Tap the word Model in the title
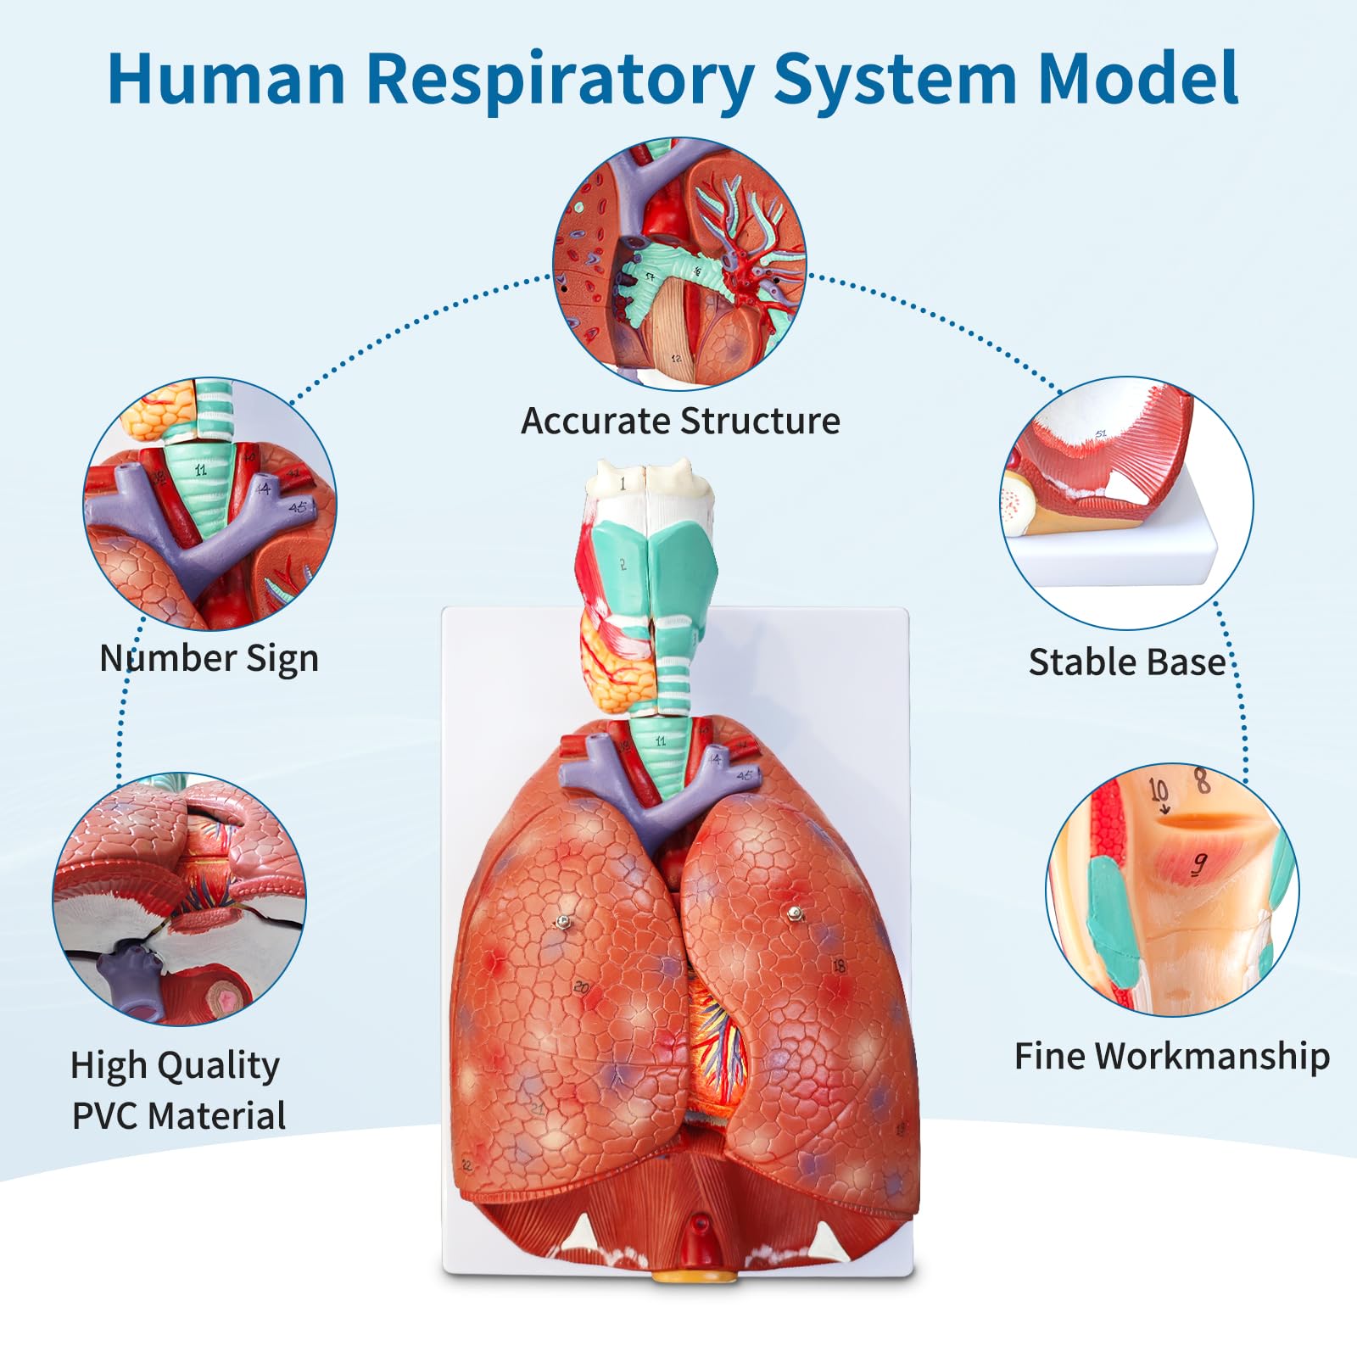pyautogui.click(x=1138, y=78)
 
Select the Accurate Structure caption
pyautogui.click(x=680, y=421)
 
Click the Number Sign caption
pyautogui.click(x=209, y=658)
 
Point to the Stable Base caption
pyautogui.click(x=1126, y=662)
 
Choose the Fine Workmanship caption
pyautogui.click(x=1172, y=1056)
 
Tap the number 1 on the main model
pyautogui.click(x=623, y=483)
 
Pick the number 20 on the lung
pyautogui.click(x=581, y=987)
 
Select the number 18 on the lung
pyautogui.click(x=839, y=966)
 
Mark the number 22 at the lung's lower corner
pyautogui.click(x=466, y=1165)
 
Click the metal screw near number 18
pyautogui.click(x=795, y=913)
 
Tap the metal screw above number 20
pyautogui.click(x=561, y=922)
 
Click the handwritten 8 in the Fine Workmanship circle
pyautogui.click(x=1202, y=779)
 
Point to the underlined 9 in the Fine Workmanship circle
pyautogui.click(x=1198, y=864)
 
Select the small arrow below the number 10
pyautogui.click(x=1164, y=809)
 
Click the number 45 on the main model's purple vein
pyautogui.click(x=744, y=775)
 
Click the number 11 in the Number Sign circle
pyautogui.click(x=200, y=470)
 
